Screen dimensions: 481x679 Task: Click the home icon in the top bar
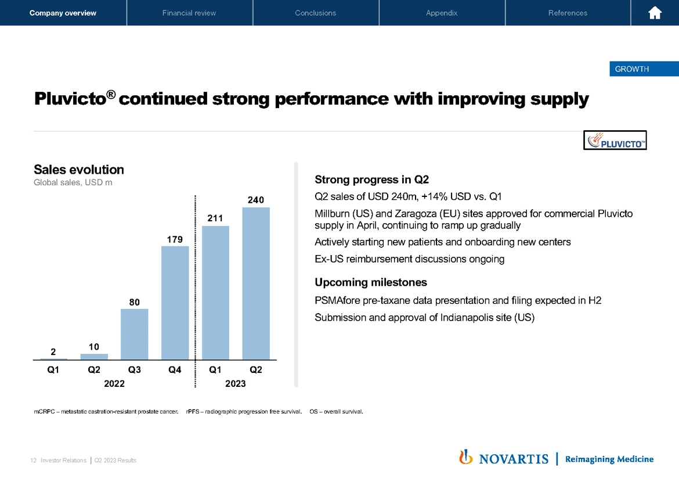[655, 13]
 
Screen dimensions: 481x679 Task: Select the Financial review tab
[189, 13]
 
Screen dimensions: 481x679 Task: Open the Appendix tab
[442, 13]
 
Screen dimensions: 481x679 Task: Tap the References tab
[568, 13]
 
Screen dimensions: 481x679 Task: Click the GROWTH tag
[631, 69]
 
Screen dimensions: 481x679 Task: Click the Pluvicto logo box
[615, 140]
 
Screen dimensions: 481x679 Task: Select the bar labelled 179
[175, 302]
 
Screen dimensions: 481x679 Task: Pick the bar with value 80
[134, 333]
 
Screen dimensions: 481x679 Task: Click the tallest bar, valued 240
[256, 283]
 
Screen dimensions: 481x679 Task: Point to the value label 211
[215, 217]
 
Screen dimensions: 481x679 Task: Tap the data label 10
[94, 346]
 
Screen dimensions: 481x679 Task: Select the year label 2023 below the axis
[236, 383]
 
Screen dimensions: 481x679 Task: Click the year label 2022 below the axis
[114, 383]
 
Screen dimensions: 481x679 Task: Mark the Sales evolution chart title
[79, 170]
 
